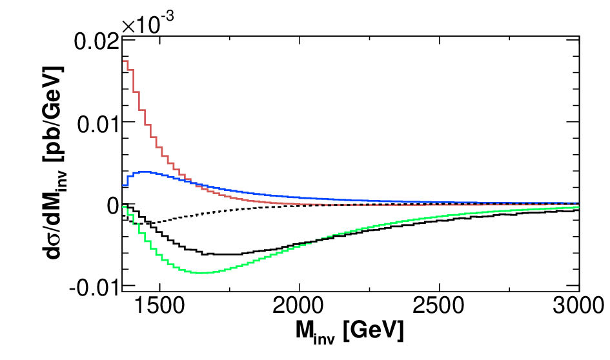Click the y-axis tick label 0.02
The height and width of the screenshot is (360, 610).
[96, 41]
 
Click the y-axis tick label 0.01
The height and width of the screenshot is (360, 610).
[97, 125]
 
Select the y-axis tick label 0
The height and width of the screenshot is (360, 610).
[112, 206]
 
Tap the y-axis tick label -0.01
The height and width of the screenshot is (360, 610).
[94, 288]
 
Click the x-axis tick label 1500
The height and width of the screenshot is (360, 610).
[159, 305]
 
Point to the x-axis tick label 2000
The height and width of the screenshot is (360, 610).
[299, 305]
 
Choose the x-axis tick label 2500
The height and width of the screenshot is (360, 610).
[438, 305]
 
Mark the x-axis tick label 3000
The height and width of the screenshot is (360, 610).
[578, 305]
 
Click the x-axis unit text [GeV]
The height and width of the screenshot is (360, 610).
[374, 331]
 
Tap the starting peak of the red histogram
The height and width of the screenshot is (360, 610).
[125, 61]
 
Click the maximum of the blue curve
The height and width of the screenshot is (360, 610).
[145, 172]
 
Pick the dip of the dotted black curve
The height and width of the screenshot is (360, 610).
[150, 223]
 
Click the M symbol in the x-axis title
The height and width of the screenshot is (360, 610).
[303, 330]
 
